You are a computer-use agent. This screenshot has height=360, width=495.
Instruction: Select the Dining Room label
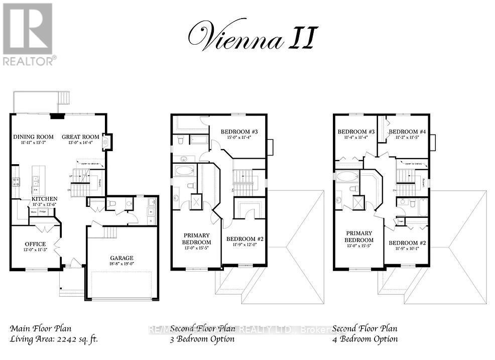click(33, 137)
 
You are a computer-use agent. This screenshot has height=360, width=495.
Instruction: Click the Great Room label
click(80, 137)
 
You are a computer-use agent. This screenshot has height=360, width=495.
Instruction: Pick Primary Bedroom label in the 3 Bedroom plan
click(196, 238)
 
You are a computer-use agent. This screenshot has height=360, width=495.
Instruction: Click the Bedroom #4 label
click(407, 132)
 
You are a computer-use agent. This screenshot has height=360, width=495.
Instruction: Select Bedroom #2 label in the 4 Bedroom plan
click(407, 244)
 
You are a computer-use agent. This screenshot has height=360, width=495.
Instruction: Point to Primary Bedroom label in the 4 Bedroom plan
click(358, 236)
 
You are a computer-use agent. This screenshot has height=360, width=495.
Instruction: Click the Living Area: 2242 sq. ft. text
click(54, 339)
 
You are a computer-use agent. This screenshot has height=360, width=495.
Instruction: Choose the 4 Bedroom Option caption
click(365, 339)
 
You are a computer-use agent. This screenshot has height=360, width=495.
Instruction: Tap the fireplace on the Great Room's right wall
click(106, 142)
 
